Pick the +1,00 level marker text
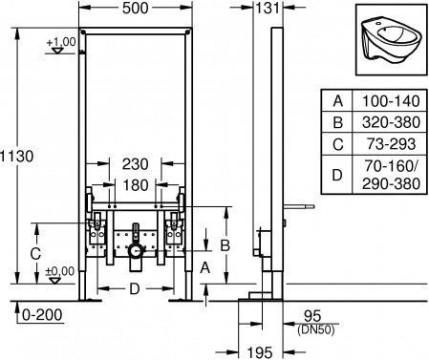pyautogui.click(x=60, y=42)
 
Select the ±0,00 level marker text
pyautogui.click(x=60, y=271)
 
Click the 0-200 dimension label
pyautogui.click(x=41, y=313)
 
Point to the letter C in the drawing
pyautogui.click(x=35, y=253)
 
